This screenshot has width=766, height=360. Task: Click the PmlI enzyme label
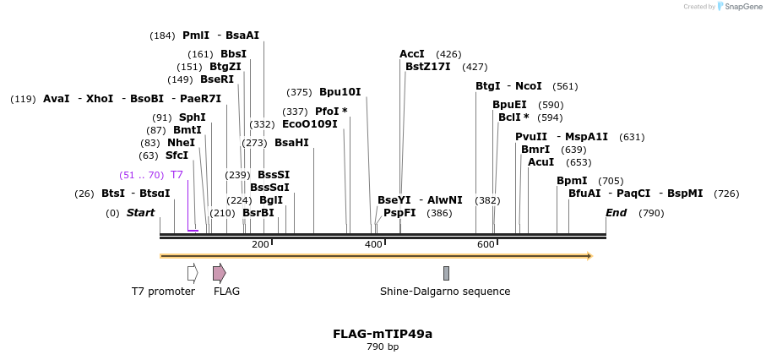pos(195,35)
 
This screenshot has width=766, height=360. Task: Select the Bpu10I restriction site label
pos(340,92)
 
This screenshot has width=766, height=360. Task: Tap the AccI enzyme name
pos(412,54)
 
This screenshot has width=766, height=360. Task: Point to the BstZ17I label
pos(427,67)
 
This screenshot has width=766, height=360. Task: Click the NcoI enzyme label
pos(528,86)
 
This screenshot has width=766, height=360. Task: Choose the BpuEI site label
pos(509,105)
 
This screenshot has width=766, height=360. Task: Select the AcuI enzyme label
pos(541,162)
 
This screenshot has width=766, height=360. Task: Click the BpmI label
pos(572,181)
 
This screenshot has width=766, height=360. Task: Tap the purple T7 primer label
pos(177,175)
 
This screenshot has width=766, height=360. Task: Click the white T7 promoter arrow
pos(193,273)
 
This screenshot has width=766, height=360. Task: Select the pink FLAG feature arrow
pos(219,273)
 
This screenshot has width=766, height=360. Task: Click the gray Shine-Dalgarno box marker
pos(446,273)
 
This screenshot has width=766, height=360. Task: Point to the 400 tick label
pos(373,245)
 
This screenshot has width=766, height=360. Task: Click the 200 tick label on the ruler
pos(260,245)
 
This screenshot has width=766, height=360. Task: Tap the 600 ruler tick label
pos(486,245)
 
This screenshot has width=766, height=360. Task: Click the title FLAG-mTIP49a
pos(383,334)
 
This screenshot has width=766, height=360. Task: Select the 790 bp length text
pos(383,347)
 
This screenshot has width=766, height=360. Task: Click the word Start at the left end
pos(140,213)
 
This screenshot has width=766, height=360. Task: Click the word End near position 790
pos(616,213)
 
